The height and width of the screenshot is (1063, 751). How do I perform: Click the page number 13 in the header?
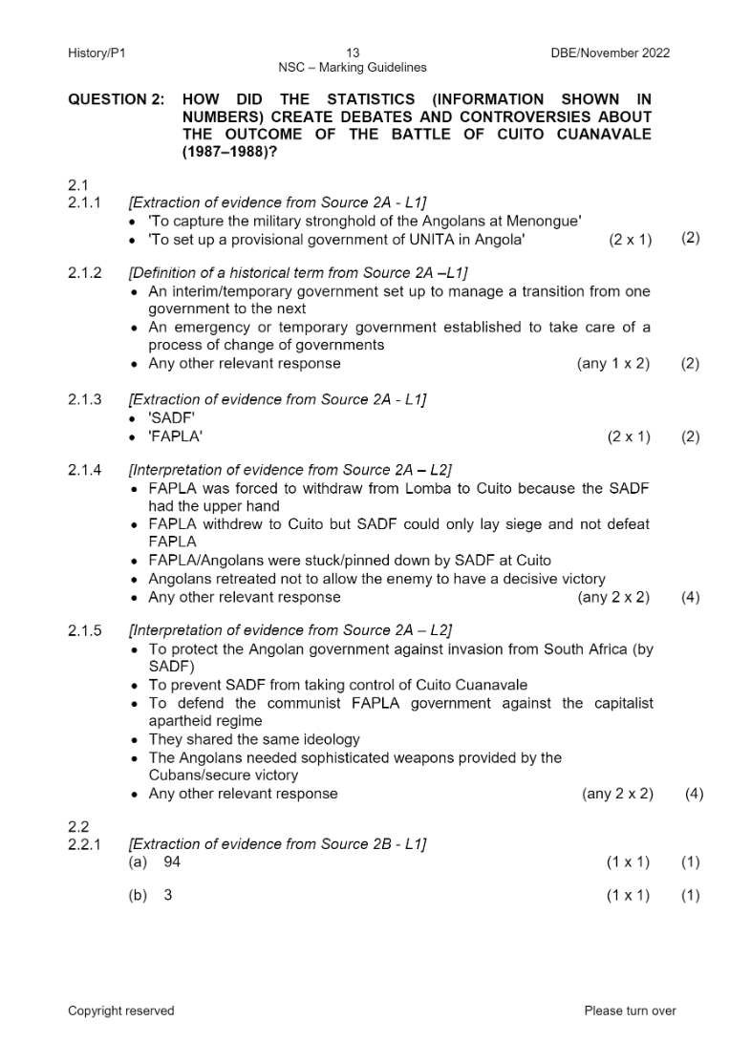(352, 53)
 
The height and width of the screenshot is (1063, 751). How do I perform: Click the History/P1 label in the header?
(97, 53)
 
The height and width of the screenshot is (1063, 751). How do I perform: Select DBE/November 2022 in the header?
(610, 53)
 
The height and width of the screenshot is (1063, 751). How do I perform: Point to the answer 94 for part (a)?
(172, 862)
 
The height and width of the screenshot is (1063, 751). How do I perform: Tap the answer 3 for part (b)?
(168, 896)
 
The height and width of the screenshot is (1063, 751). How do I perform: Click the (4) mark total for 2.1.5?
(694, 794)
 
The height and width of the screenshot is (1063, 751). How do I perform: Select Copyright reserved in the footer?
(120, 1011)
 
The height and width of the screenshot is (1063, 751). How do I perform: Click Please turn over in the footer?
(630, 1011)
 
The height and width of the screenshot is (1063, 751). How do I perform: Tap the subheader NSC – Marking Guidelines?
(352, 68)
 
